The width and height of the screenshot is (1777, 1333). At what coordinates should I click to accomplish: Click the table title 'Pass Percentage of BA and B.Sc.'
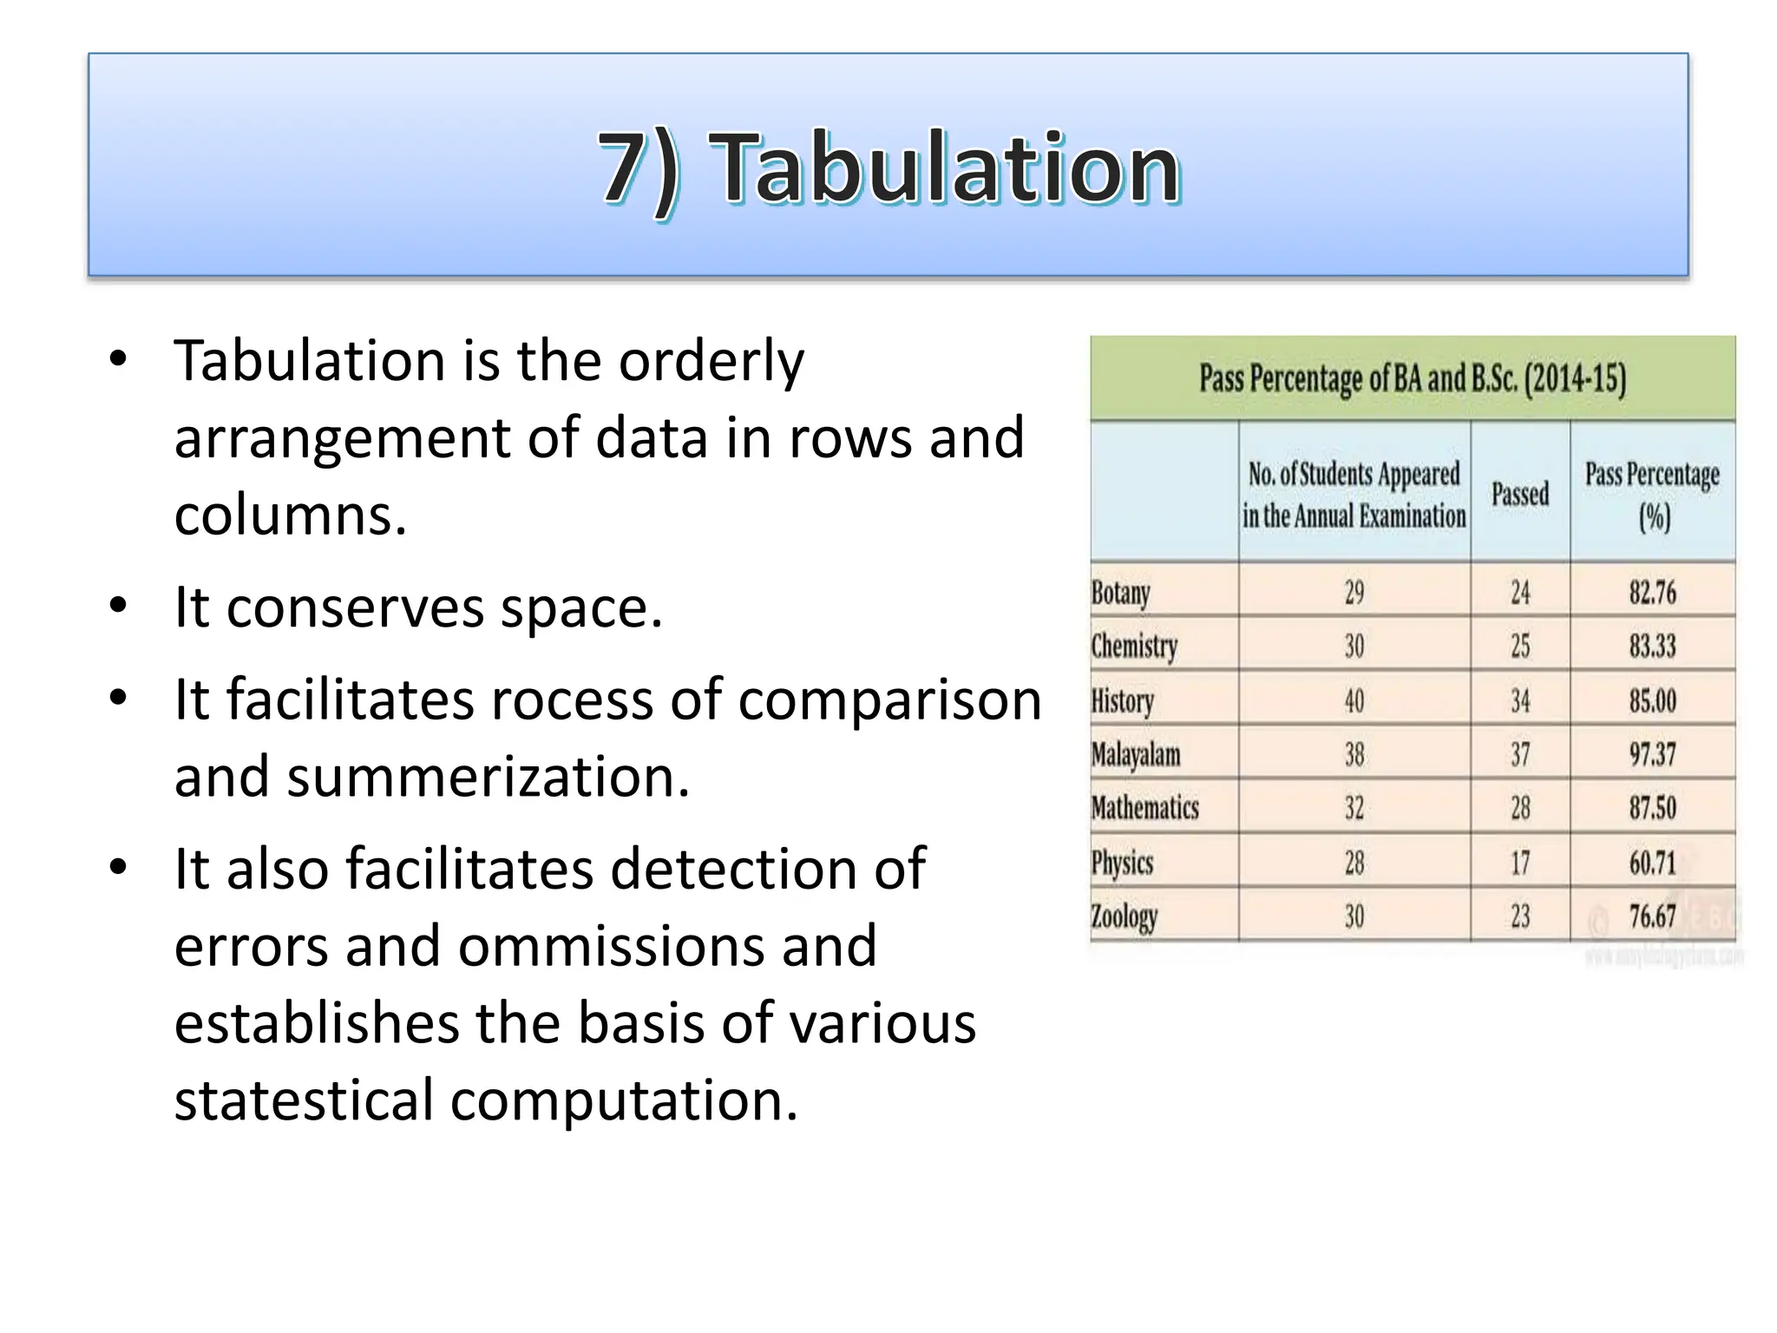click(1412, 379)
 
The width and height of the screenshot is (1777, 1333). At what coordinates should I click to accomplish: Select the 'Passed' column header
click(1519, 494)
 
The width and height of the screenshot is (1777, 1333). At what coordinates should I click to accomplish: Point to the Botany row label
click(1120, 593)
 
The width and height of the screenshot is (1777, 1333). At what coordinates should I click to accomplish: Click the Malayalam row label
click(1136, 754)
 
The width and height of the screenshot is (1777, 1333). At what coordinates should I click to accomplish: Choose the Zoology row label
click(1124, 916)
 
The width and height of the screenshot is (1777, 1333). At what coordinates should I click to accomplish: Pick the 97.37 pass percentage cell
click(1652, 754)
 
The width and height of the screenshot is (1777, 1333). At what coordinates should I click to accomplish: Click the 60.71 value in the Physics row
click(1652, 863)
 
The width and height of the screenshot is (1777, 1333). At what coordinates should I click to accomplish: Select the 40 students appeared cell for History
click(1354, 700)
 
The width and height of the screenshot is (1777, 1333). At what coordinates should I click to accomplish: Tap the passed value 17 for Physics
click(1519, 863)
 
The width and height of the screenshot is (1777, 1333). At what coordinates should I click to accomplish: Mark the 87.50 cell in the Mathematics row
click(1652, 808)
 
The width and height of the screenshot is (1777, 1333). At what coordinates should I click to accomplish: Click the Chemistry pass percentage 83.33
click(1652, 647)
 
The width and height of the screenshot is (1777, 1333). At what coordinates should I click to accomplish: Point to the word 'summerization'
click(488, 777)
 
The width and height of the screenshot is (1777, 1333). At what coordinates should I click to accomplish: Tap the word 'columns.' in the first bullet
click(291, 515)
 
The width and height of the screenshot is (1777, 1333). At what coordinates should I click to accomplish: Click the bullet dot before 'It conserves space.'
click(119, 606)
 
